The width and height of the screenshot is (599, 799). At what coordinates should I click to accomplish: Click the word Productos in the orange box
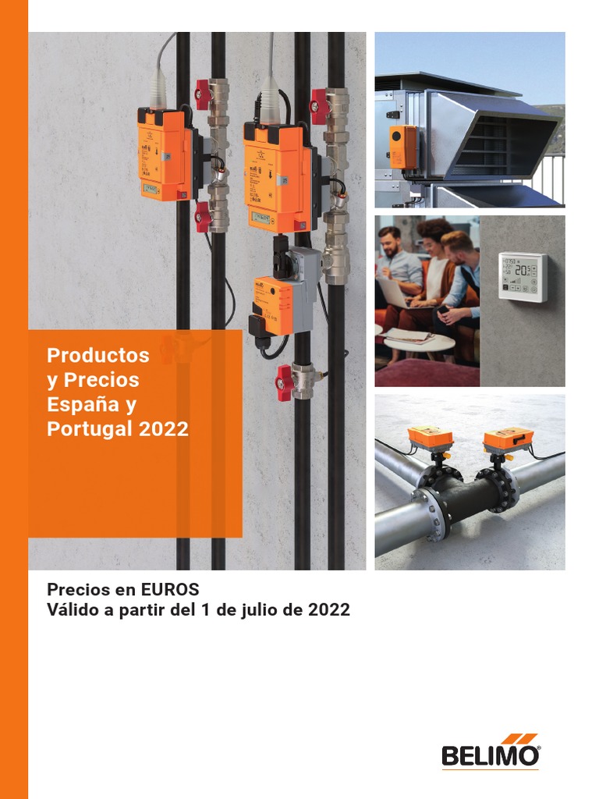tap(97, 355)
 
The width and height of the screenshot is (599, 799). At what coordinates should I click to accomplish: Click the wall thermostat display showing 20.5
tap(523, 276)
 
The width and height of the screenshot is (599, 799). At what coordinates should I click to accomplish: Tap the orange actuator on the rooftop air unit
tap(402, 146)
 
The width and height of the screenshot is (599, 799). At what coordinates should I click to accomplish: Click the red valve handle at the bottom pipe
tap(284, 382)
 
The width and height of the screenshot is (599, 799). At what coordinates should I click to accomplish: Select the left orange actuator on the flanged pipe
tap(431, 439)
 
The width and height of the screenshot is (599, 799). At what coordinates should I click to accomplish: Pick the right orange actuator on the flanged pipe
tap(508, 438)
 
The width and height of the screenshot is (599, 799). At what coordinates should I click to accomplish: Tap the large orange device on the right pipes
tap(277, 177)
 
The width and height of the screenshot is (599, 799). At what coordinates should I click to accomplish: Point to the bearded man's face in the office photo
tap(389, 241)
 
